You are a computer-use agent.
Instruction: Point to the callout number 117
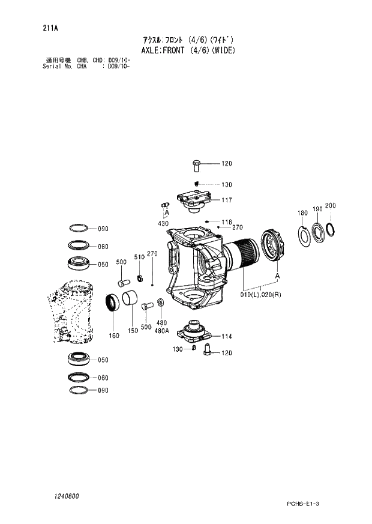pyautogui.click(x=226, y=200)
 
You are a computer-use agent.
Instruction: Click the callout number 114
pyautogui.click(x=226, y=337)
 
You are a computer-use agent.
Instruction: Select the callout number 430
pyautogui.click(x=163, y=223)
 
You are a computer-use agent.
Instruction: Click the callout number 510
pyautogui.click(x=139, y=257)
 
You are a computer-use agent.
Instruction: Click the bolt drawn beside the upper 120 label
pyautogui.click(x=196, y=165)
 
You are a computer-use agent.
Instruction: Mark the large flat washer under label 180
pyautogui.click(x=304, y=234)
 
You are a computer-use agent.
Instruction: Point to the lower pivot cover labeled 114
pyautogui.click(x=194, y=332)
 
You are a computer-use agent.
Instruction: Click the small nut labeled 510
pyautogui.click(x=139, y=277)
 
